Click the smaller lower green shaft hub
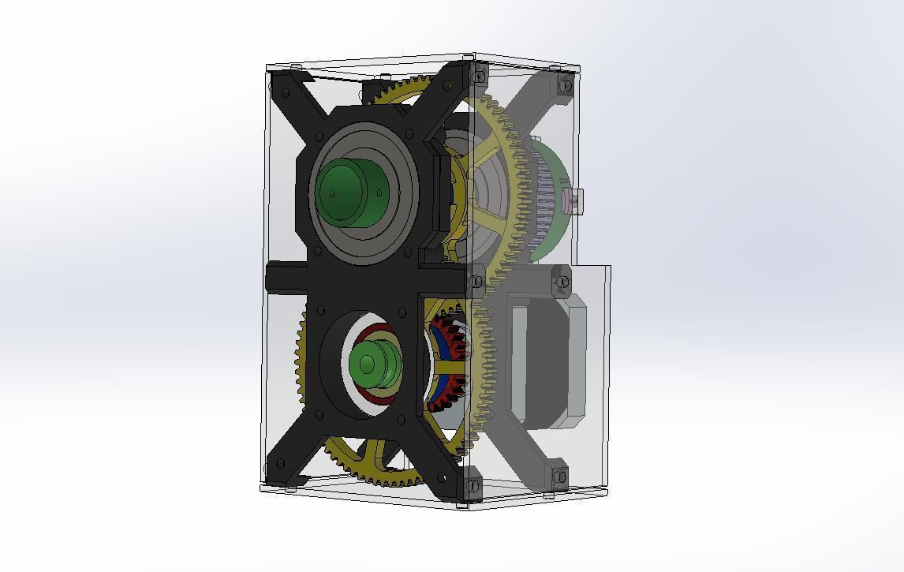click(366, 363)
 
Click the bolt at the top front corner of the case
click(479, 76)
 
